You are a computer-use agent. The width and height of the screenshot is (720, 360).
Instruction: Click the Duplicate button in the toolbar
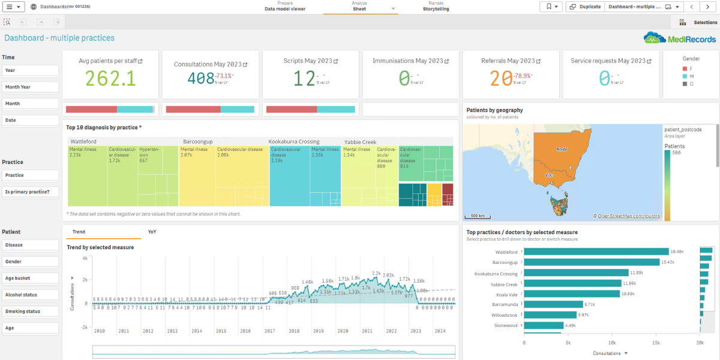[584, 7]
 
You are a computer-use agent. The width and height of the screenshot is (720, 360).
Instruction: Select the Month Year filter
[30, 87]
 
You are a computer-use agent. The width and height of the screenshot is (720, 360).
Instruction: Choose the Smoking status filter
[30, 311]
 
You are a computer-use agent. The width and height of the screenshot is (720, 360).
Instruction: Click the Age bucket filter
[30, 278]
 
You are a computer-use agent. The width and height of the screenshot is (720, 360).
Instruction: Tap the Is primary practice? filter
[30, 192]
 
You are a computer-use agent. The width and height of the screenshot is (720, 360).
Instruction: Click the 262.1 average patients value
[110, 79]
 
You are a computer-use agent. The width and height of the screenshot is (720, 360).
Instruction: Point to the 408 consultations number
[201, 79]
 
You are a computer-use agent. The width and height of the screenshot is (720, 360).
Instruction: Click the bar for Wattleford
[596, 252]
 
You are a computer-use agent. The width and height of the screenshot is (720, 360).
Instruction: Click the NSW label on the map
[562, 149]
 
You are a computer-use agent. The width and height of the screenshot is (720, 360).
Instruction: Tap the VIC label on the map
[548, 175]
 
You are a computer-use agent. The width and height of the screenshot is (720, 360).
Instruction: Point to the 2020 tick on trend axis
[343, 331]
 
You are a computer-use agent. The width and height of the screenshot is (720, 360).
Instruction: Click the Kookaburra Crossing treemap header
[294, 142]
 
